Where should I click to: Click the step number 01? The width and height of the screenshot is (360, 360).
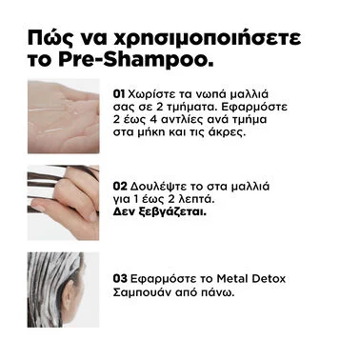pos(120,95)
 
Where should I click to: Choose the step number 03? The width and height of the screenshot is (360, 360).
pos(120,278)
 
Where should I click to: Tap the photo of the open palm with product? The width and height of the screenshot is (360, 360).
pos(63,117)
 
